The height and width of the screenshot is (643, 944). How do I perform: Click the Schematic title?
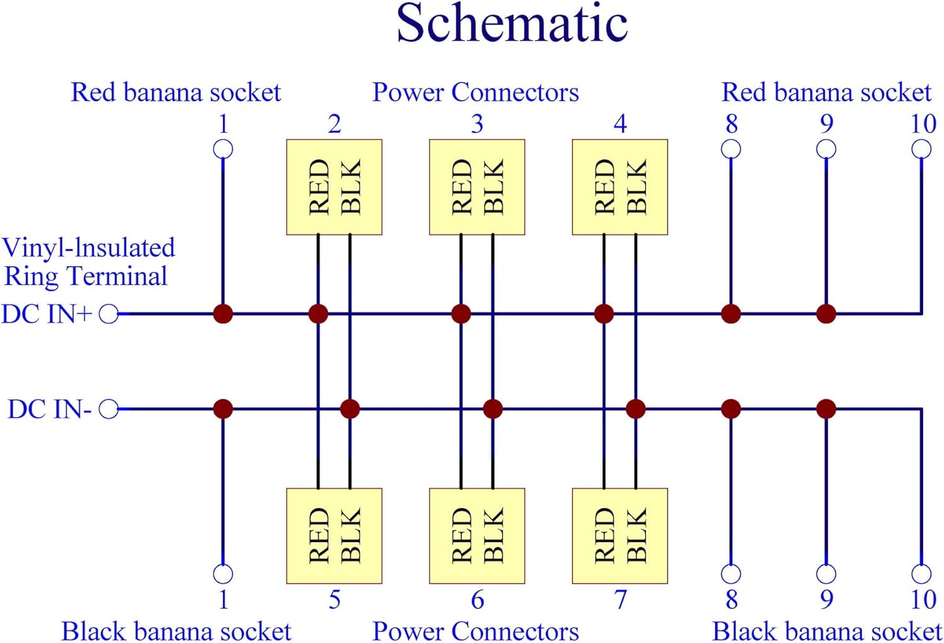tap(512, 24)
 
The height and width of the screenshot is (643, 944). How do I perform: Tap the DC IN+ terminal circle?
tap(109, 313)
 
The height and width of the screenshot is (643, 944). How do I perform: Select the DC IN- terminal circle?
tap(109, 410)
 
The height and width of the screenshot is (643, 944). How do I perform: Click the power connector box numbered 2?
tap(334, 187)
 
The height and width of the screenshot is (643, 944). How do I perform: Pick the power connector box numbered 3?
tap(477, 187)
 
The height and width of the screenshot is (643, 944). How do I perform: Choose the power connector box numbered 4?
tap(620, 187)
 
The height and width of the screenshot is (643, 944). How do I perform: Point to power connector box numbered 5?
tap(334, 536)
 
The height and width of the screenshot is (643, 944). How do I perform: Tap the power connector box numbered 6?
tap(477, 536)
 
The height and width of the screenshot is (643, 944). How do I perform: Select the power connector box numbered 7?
tap(620, 536)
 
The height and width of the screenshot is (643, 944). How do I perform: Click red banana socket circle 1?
tap(223, 149)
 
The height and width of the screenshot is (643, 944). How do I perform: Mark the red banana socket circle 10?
tap(921, 149)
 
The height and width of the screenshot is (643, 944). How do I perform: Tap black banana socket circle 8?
tap(731, 574)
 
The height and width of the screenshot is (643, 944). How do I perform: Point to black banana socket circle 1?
tap(223, 574)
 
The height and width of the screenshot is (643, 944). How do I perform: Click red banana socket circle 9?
tap(826, 149)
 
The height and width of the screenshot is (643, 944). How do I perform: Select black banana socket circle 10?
tap(921, 574)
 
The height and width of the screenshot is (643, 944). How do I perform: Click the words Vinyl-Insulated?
tap(89, 248)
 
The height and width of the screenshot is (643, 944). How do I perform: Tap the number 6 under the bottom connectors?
tap(478, 600)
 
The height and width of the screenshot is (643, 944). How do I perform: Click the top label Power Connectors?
tap(475, 92)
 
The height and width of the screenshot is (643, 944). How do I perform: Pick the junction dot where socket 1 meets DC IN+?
tap(223, 313)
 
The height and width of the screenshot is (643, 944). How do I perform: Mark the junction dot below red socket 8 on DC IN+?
tap(731, 313)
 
